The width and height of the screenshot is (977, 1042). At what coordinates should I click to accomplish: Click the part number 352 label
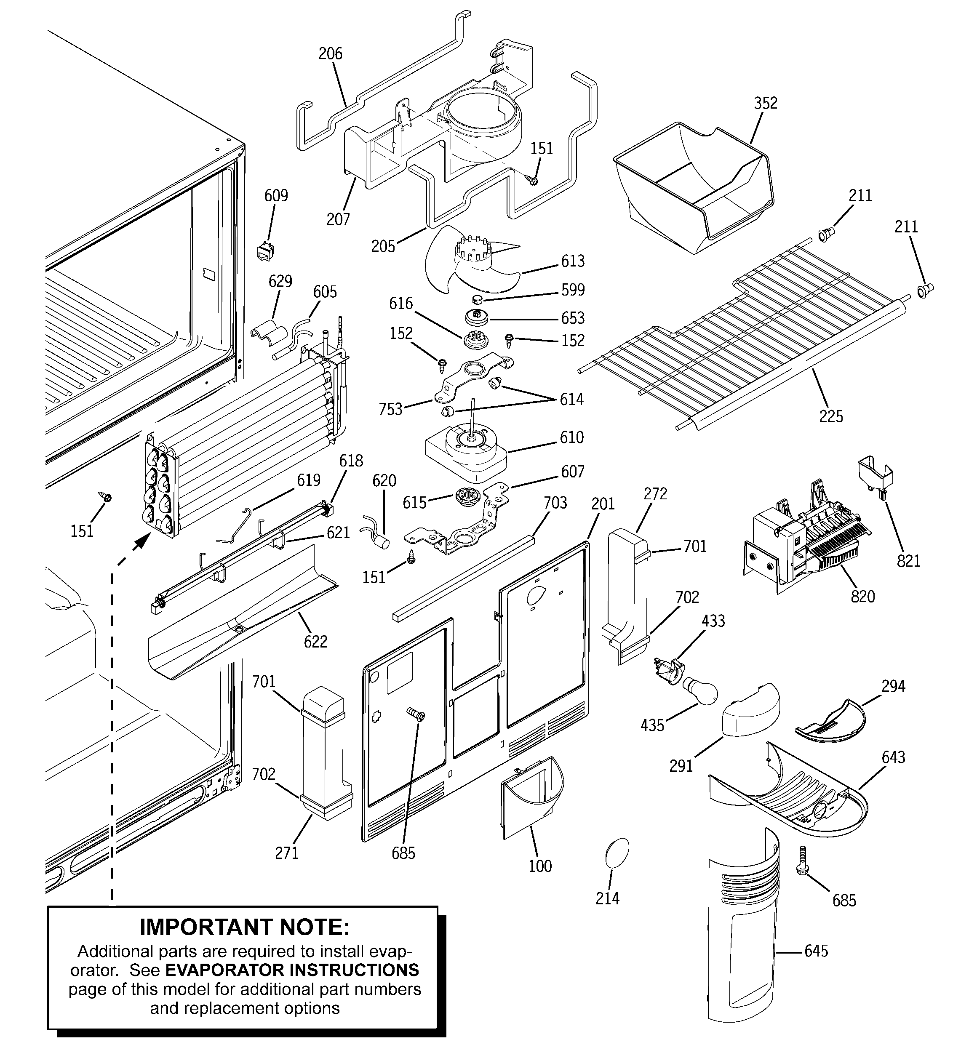point(765,103)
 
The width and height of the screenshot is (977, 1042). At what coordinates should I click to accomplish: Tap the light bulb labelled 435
point(698,691)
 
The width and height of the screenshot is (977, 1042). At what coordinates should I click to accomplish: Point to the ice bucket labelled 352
point(692,184)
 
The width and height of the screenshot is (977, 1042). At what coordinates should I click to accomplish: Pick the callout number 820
point(863,597)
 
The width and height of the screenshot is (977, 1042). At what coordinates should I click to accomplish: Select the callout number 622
point(315,642)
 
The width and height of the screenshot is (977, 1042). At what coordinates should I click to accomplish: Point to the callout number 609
point(276,195)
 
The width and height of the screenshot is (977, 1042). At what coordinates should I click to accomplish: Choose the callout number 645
point(816,951)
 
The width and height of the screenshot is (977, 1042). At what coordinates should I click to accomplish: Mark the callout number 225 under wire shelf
point(831,416)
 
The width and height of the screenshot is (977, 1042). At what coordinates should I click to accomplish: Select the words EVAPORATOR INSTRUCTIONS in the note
point(292,970)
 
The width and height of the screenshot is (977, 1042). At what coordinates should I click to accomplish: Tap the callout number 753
point(390,409)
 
